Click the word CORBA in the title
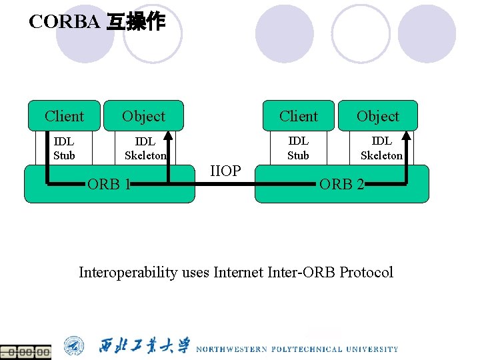[64, 22]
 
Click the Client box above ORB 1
[64, 116]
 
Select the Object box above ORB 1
[143, 116]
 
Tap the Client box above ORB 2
[299, 116]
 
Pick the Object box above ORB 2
[378, 116]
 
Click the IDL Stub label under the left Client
[64, 149]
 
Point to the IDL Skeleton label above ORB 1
[145, 149]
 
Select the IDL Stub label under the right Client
[298, 148]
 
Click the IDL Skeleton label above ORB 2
[381, 148]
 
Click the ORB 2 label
[342, 184]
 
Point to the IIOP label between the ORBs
[225, 171]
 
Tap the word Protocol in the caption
[366, 272]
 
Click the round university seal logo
[74, 346]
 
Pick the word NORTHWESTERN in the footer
[231, 349]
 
